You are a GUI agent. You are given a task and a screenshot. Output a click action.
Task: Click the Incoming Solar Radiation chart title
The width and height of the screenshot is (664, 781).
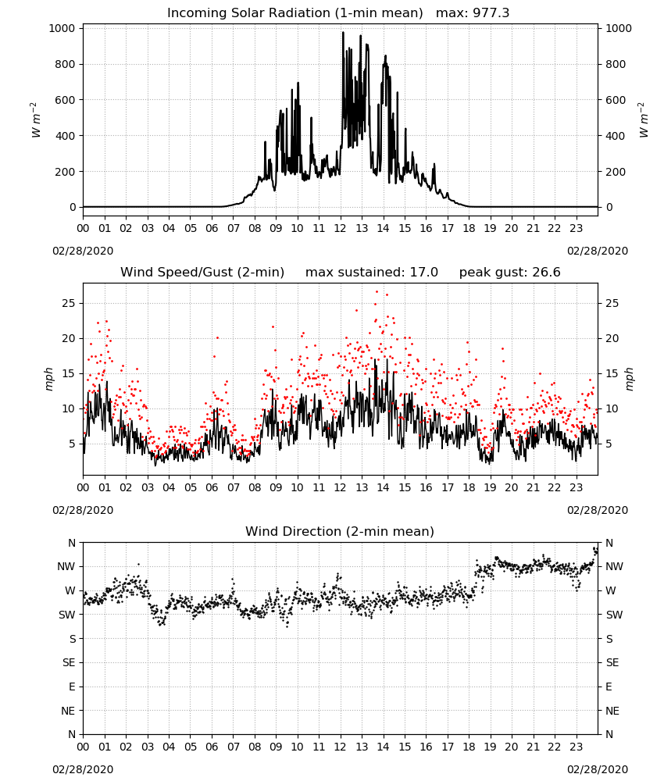coord(295,12)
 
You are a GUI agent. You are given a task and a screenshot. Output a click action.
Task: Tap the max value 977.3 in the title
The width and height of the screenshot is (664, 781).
coord(491,12)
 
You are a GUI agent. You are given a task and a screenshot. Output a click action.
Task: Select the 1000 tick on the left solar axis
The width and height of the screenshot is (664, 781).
coord(62,28)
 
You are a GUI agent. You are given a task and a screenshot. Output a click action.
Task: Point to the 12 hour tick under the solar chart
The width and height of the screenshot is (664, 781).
coord(341,228)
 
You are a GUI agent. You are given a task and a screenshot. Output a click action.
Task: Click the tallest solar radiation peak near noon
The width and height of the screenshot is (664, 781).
coord(343,33)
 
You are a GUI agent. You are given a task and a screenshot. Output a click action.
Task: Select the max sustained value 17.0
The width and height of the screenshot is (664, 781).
coord(424,272)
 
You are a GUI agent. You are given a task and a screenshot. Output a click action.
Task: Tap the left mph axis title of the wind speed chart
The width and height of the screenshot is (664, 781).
coord(48,379)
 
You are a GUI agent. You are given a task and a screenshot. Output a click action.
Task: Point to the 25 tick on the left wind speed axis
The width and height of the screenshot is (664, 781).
coord(70,303)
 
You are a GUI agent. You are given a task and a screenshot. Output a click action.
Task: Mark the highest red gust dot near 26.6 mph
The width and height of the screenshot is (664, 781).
coord(377,291)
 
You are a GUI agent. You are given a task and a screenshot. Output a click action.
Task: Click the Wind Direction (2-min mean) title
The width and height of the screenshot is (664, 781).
coord(340,531)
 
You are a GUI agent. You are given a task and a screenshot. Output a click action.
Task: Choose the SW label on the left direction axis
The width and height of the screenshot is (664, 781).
coord(67,615)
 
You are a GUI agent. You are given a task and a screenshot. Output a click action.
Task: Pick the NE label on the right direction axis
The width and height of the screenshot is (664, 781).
coord(612,711)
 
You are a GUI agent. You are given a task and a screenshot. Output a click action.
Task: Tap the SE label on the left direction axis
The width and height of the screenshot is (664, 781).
coord(69,662)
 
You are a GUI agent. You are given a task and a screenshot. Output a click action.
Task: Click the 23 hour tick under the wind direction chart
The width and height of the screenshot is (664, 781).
coord(576,747)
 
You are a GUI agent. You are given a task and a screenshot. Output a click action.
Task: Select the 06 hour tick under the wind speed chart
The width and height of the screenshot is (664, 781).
coord(212,487)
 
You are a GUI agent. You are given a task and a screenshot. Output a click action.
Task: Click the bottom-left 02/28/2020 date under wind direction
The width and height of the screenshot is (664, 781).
coord(83,769)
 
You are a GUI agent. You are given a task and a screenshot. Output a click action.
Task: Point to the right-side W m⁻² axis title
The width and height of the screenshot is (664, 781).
coord(643,120)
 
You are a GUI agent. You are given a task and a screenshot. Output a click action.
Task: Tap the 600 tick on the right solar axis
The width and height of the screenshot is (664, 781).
coord(616,100)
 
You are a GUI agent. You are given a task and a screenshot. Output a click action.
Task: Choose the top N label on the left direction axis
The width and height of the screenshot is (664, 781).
coord(72,543)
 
